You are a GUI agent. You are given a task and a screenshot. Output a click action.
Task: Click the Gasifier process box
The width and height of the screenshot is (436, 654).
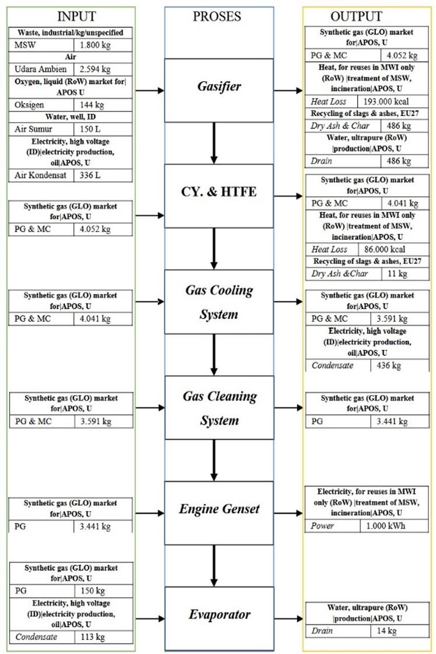click(x=219, y=90)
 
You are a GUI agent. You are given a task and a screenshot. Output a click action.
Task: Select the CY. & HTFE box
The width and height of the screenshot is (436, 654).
click(x=219, y=196)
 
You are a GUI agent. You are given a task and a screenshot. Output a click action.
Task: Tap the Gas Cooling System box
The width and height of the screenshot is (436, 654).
click(x=219, y=302)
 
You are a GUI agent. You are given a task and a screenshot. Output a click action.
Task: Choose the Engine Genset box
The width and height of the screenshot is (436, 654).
click(x=219, y=513)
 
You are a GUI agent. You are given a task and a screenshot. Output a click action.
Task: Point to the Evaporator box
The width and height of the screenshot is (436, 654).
click(x=219, y=618)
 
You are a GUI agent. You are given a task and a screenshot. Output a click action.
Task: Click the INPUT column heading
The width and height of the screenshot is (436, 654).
click(x=76, y=16)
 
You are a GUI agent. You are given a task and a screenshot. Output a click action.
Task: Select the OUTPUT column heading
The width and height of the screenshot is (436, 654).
click(x=356, y=16)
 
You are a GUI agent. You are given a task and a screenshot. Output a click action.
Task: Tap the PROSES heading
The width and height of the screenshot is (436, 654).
click(x=217, y=16)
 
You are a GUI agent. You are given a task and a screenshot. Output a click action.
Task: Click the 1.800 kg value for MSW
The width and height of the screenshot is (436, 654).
click(x=95, y=45)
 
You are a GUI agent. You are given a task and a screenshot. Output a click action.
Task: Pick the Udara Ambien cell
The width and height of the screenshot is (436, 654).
click(x=40, y=69)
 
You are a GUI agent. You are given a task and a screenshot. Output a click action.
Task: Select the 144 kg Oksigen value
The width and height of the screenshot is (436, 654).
click(x=92, y=104)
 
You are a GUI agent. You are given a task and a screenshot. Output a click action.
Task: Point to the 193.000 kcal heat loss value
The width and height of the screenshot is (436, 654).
click(x=386, y=102)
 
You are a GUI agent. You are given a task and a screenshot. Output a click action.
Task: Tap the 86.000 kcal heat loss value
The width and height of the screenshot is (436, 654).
click(x=385, y=250)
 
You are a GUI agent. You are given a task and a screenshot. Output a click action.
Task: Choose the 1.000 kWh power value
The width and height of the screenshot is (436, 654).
click(x=386, y=526)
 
